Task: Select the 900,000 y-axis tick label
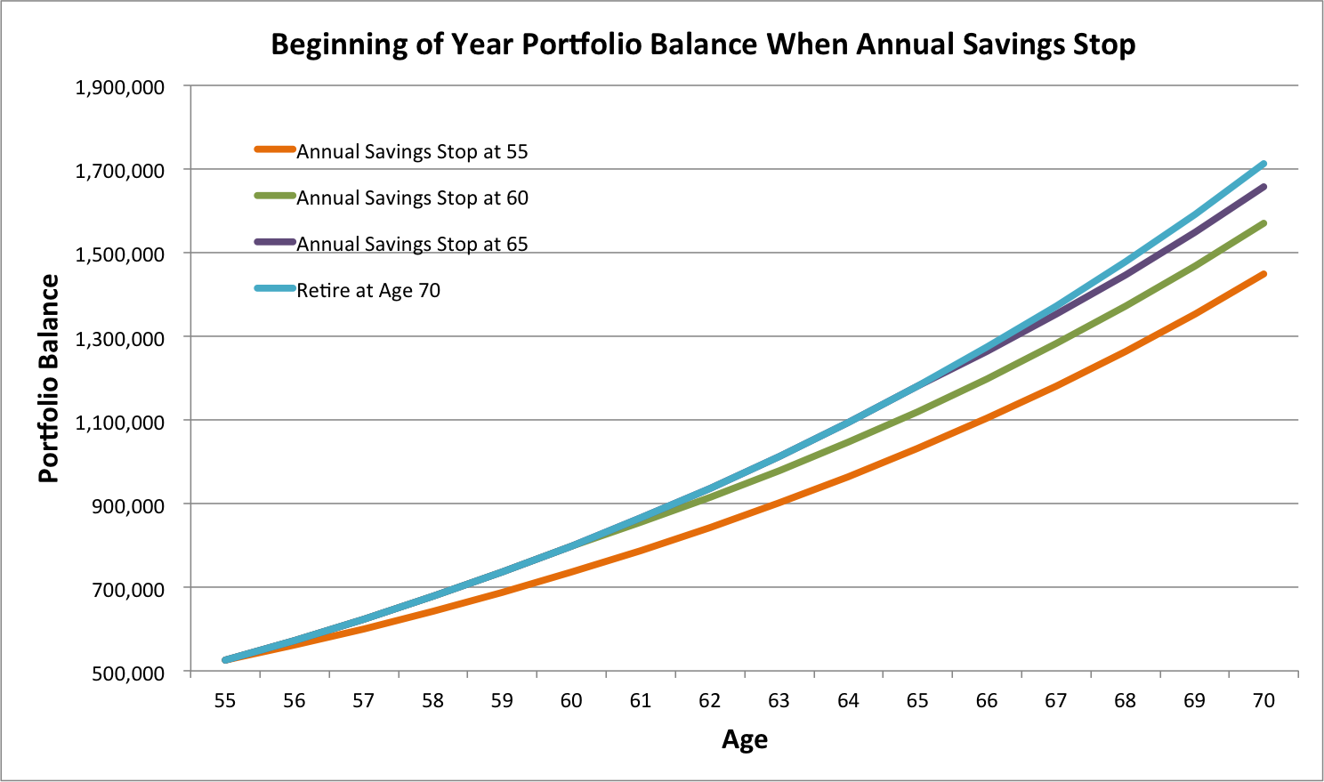[128, 505]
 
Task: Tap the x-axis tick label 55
[225, 701]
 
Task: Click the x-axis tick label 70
[1263, 701]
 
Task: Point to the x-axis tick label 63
[779, 701]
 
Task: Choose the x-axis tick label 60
[571, 701]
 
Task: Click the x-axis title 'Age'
[745, 739]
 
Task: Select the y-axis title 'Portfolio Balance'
[49, 379]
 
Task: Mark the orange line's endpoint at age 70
[1263, 274]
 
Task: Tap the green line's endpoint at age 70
[1263, 223]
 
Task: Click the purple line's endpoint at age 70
[1263, 187]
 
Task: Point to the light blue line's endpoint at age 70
[1263, 164]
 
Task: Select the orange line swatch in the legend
[274, 149]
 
